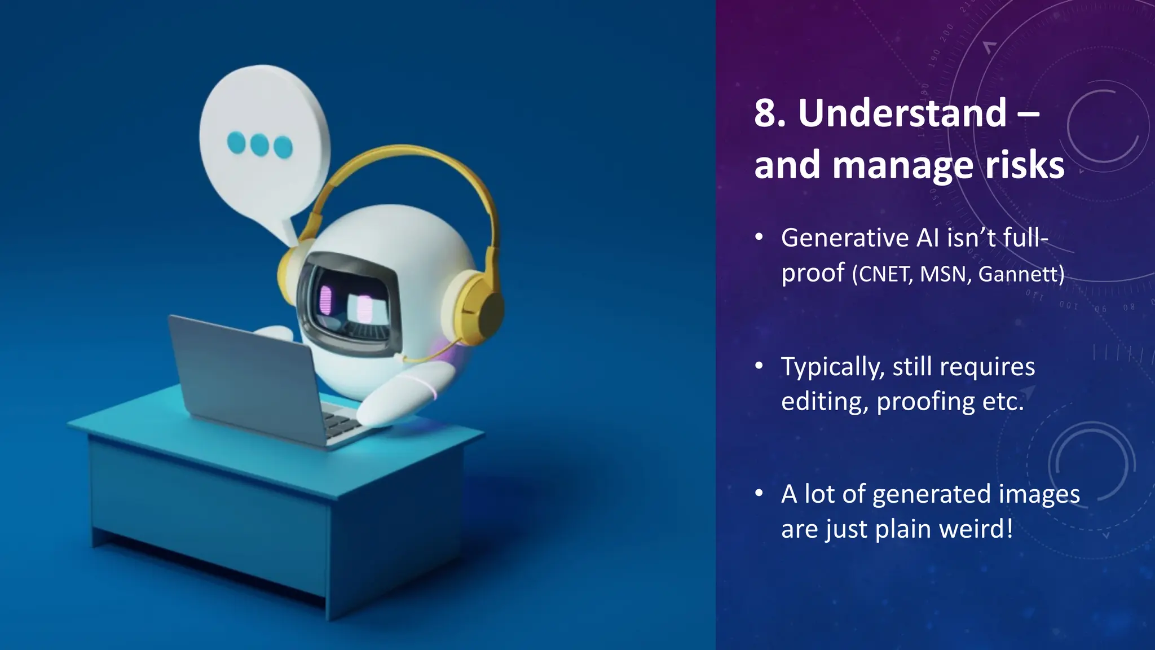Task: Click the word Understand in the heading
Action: pos(902,113)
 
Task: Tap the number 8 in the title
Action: pos(765,113)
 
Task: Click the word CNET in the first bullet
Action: pos(883,274)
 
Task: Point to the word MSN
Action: pos(945,274)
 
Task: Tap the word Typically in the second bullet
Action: pos(832,367)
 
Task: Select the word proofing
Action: pos(925,402)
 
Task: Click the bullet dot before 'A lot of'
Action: pos(760,494)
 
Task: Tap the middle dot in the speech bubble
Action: pos(259,144)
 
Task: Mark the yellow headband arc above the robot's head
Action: pos(406,158)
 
